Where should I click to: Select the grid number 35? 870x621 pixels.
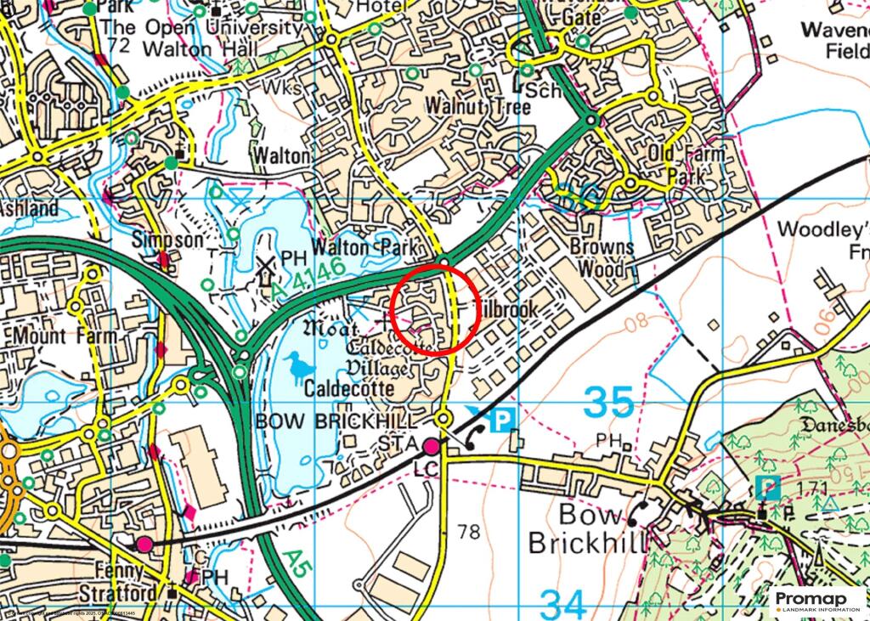tap(609, 403)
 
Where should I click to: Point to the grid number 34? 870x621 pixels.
tap(563, 605)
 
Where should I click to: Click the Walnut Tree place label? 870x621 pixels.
tap(478, 107)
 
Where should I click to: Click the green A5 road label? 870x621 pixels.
tap(292, 562)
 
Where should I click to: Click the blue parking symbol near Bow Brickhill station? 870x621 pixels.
tap(505, 419)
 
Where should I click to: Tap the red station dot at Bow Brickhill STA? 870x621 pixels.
tap(432, 446)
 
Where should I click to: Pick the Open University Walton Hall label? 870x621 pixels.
tap(201, 38)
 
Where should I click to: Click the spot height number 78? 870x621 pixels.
tap(468, 533)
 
